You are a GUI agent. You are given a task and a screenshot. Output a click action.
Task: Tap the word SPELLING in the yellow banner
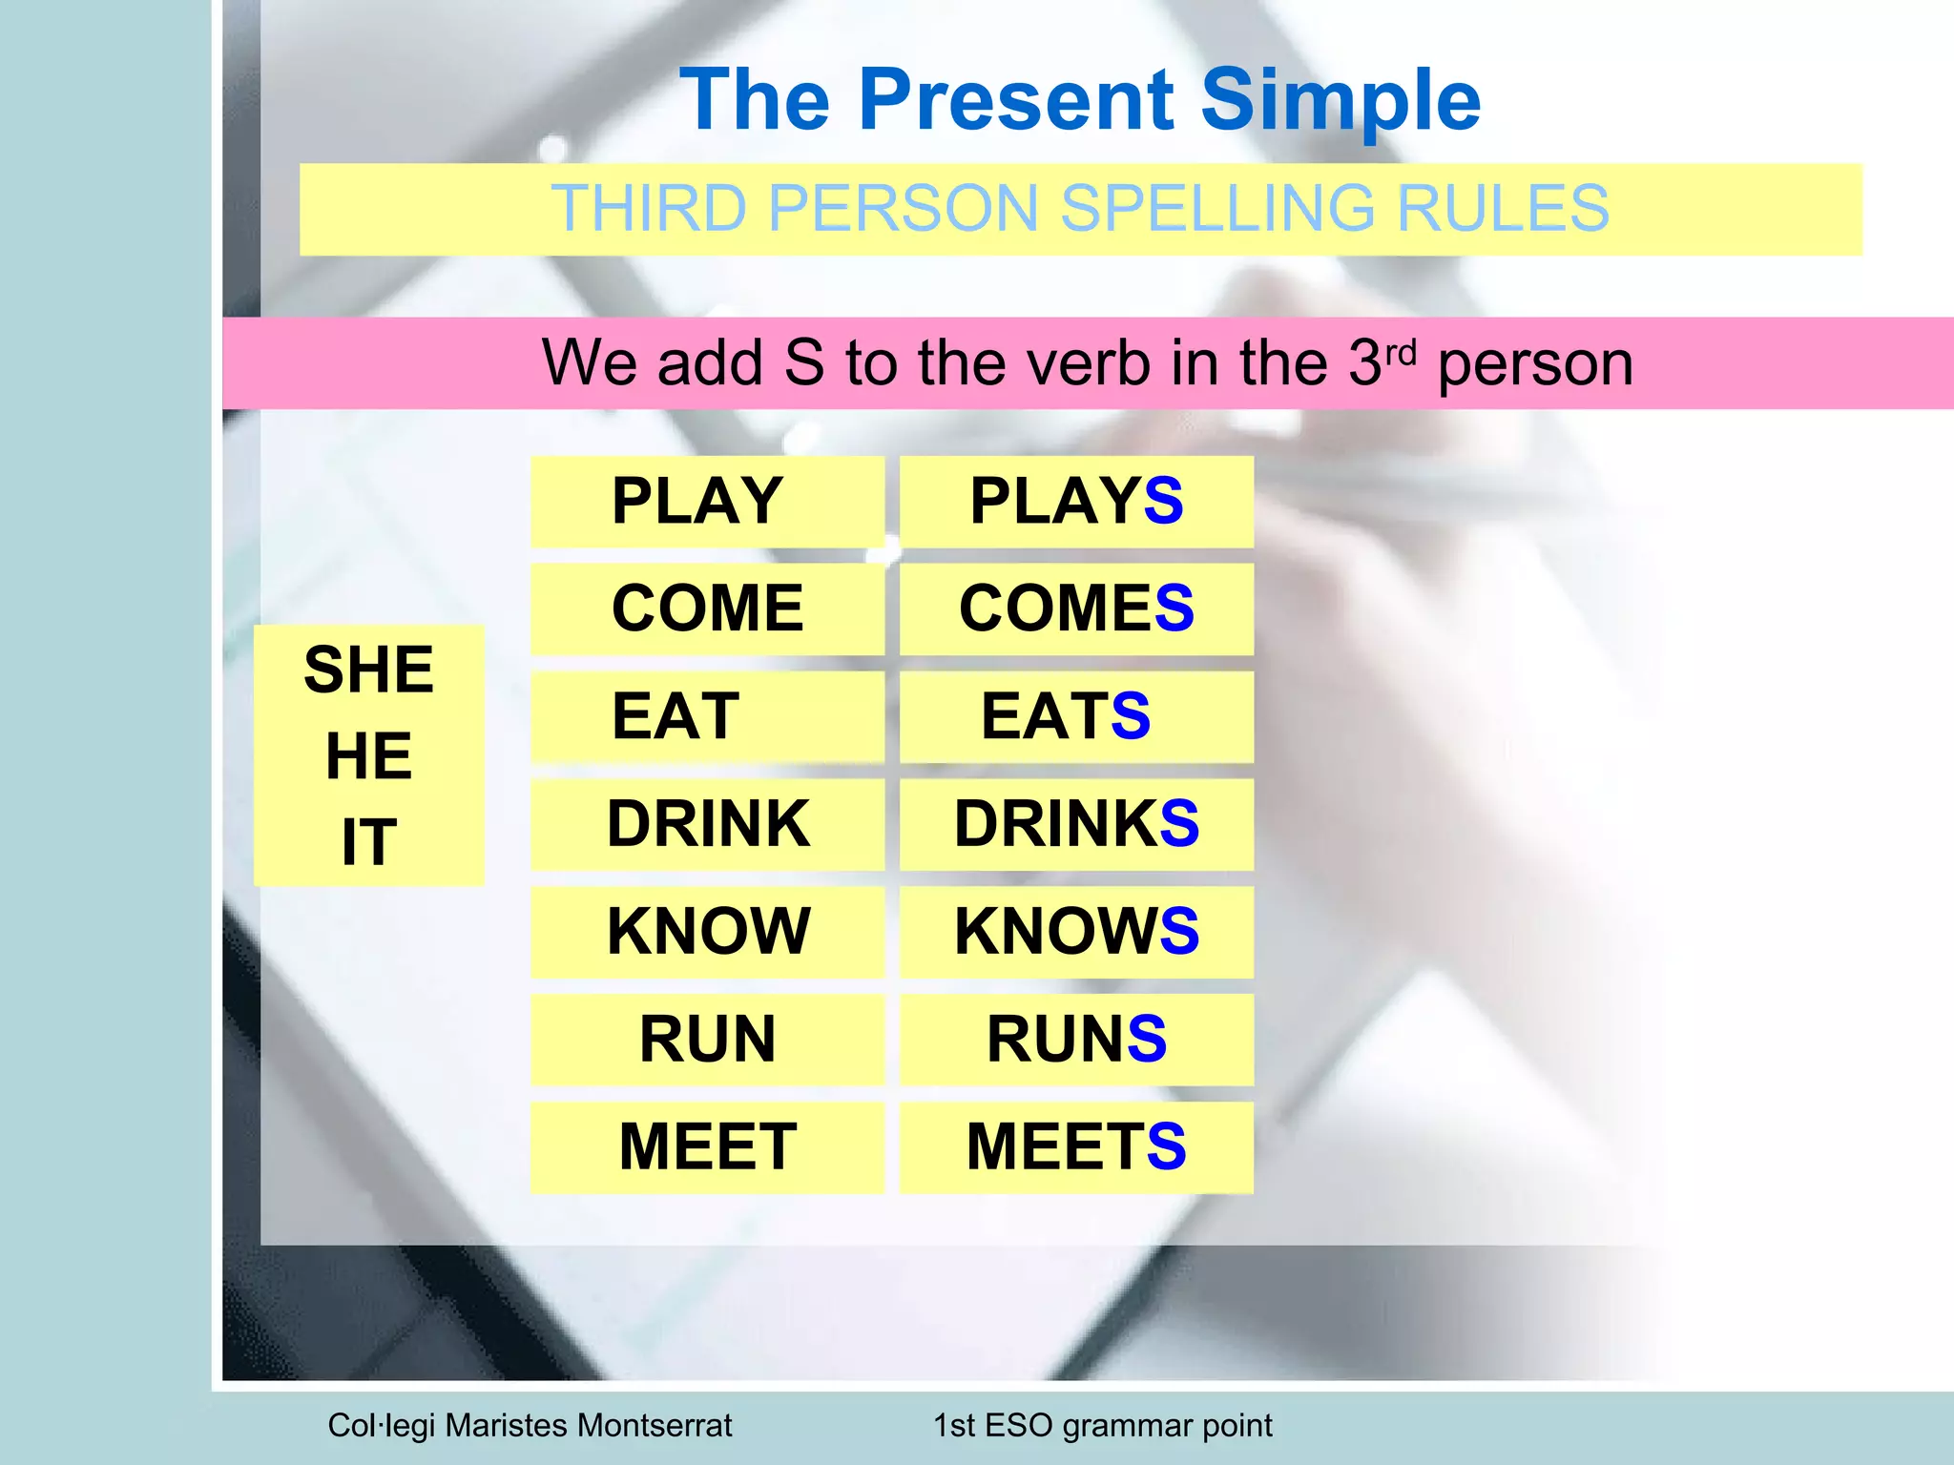(1217, 209)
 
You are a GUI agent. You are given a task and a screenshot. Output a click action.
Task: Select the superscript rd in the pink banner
(1401, 353)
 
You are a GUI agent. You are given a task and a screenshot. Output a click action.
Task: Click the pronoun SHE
(368, 670)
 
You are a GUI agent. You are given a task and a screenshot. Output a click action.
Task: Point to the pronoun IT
(368, 843)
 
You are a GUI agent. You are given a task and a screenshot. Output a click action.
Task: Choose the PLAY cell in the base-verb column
(707, 502)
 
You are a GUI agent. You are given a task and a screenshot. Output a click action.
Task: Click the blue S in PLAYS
(1163, 502)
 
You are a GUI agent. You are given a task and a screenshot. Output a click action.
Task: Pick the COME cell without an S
(707, 609)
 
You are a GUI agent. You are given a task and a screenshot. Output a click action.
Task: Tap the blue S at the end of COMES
(1174, 609)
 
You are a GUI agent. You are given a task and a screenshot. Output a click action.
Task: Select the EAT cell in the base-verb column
(707, 716)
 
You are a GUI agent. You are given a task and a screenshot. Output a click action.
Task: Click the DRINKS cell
(1076, 824)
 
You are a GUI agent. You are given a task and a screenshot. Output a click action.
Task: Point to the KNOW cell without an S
(707, 932)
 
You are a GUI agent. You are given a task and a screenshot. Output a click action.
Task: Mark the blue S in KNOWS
(1179, 932)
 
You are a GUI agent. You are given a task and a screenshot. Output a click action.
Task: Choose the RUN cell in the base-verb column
(707, 1040)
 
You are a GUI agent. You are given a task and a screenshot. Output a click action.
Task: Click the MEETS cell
(1076, 1147)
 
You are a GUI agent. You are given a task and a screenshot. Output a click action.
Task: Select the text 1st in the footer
(954, 1426)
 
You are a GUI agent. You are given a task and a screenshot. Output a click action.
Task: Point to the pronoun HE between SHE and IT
(368, 756)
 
